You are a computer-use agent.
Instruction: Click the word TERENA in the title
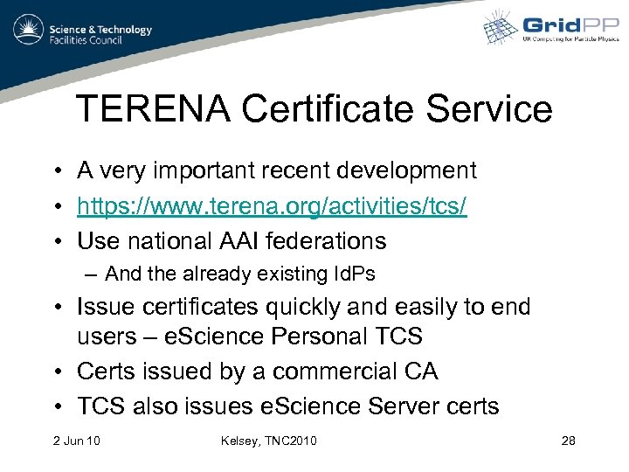coord(152,110)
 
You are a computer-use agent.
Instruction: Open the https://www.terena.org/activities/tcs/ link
coord(272,206)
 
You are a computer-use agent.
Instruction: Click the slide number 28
coord(568,440)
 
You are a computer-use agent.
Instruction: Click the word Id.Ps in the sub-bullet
coord(352,274)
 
